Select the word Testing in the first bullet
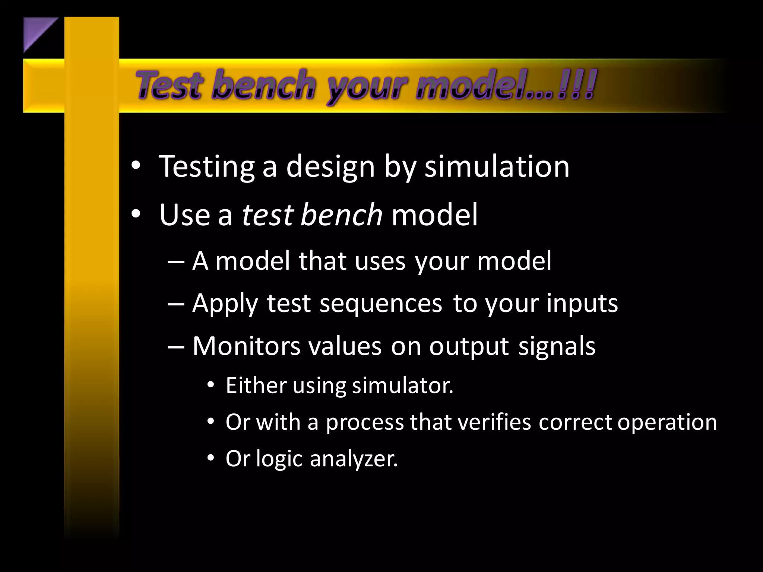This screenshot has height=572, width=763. (x=207, y=167)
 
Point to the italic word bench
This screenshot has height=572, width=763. (x=341, y=215)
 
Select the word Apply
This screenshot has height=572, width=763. (x=225, y=304)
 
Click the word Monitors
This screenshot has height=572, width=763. (x=246, y=346)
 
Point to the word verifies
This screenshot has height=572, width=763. (x=494, y=422)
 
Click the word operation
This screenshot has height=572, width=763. (x=667, y=423)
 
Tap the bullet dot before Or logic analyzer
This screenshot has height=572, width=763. (x=211, y=458)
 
